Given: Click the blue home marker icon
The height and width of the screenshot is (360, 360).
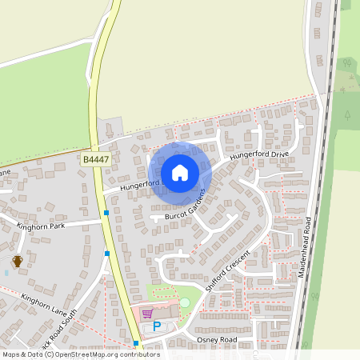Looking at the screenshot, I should tap(180, 172).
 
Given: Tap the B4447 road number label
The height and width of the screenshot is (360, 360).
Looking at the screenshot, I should tap(94, 160).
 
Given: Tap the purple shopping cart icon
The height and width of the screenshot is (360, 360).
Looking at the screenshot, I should tap(146, 313).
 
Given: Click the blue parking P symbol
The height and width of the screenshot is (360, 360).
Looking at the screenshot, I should tap(157, 326).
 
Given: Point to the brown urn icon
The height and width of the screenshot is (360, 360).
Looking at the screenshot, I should tap(17, 260).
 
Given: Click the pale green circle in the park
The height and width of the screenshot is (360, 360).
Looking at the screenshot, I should tap(185, 302).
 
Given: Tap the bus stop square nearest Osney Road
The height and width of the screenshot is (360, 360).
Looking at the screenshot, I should tap(136, 343).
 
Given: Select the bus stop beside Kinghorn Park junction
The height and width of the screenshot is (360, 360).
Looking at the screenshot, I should tap(106, 213).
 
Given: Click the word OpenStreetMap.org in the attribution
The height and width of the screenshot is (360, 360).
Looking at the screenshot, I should tap(82, 354).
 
